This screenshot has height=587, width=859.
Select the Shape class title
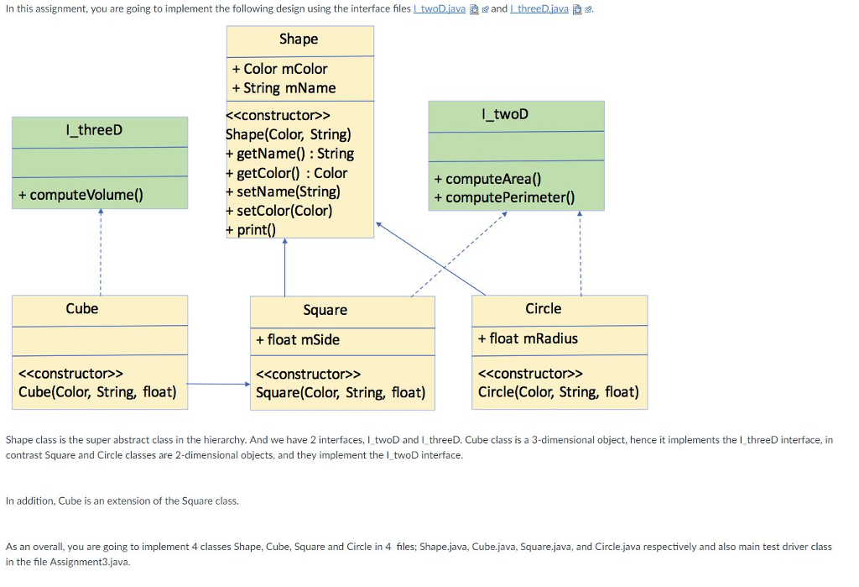299,39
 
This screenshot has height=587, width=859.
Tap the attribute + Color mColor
280,69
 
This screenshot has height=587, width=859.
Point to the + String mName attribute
284,88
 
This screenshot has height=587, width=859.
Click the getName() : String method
289,154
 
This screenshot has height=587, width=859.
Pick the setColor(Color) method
279,211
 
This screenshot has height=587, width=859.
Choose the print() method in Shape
251,229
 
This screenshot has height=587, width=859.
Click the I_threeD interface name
93,129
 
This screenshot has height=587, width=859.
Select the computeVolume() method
81,195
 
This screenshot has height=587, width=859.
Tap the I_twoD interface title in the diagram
505,114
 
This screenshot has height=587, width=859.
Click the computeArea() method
487,179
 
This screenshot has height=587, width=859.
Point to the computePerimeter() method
504,197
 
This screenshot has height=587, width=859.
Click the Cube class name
82,308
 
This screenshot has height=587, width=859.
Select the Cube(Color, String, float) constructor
97,392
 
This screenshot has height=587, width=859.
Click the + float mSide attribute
298,339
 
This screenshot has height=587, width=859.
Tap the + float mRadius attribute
528,338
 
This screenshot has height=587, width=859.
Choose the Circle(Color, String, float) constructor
558,392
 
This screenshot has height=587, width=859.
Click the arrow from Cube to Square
218,385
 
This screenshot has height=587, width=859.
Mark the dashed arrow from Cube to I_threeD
100,252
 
